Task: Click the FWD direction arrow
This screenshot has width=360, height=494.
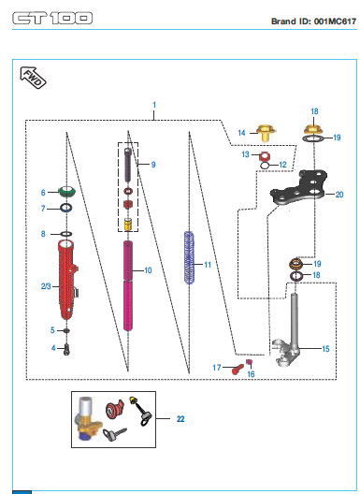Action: click(x=33, y=78)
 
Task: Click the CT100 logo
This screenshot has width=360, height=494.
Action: click(x=52, y=18)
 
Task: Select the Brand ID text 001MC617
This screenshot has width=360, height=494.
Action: click(x=335, y=22)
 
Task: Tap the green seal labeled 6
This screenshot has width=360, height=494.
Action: click(x=67, y=192)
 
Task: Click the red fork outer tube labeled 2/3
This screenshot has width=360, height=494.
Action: click(x=67, y=280)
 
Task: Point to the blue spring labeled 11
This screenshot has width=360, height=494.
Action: click(x=189, y=257)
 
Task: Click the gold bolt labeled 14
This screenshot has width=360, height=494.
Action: click(x=266, y=133)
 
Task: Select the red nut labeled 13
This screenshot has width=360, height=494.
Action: click(x=265, y=155)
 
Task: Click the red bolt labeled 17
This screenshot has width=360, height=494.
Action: click(x=238, y=369)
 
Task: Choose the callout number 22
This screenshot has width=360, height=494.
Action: click(x=180, y=419)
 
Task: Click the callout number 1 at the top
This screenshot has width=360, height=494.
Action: click(x=154, y=105)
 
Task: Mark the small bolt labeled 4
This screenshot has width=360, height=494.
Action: click(x=66, y=349)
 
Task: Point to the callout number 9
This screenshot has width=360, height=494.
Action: click(x=153, y=165)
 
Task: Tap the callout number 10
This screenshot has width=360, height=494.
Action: click(x=148, y=270)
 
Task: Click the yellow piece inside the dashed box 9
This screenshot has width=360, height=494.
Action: click(x=127, y=224)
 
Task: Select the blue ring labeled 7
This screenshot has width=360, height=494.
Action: click(x=66, y=208)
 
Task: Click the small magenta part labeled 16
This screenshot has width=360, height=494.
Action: click(x=249, y=362)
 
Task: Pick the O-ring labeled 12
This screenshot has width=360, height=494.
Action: click(x=266, y=165)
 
